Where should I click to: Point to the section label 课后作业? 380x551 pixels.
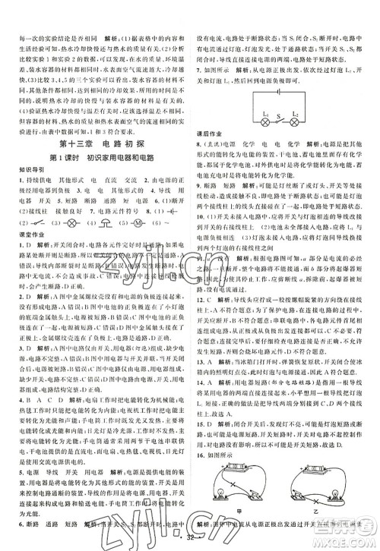[207, 131]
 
